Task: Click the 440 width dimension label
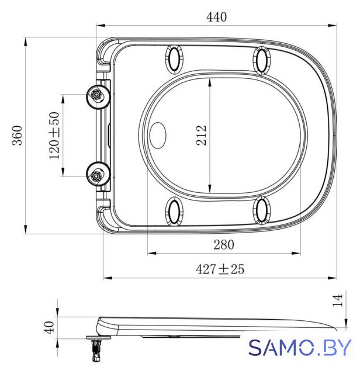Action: pyautogui.click(x=216, y=17)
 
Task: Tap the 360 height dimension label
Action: pyautogui.click(x=18, y=135)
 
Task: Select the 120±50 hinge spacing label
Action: pyautogui.click(x=54, y=135)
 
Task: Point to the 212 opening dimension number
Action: pyautogui.click(x=201, y=135)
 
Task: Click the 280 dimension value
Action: pyautogui.click(x=223, y=245)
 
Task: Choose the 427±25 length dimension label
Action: pyautogui.click(x=220, y=269)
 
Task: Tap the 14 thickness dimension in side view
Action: pyautogui.click(x=338, y=300)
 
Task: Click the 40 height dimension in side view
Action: pyautogui.click(x=50, y=327)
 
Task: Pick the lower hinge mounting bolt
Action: pyautogui.click(x=98, y=174)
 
